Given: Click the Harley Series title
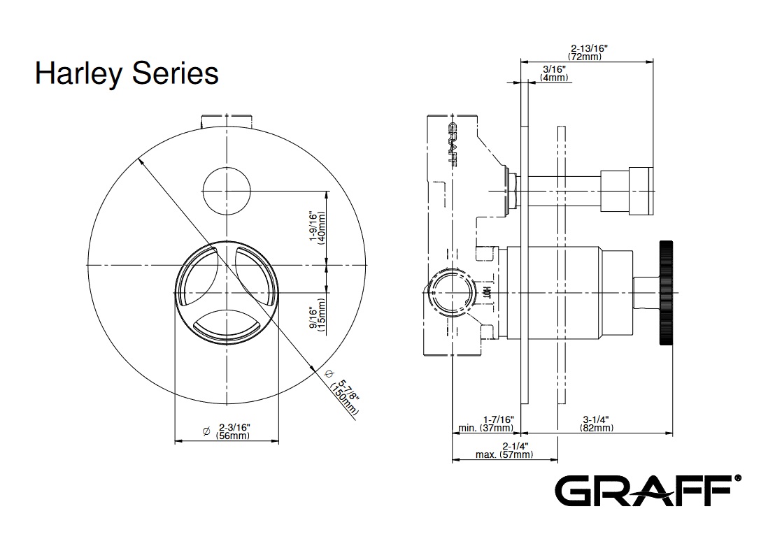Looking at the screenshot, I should click(x=127, y=73).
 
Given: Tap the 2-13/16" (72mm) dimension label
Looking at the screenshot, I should click(x=588, y=52).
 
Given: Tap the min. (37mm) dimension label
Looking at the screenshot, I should click(x=487, y=424).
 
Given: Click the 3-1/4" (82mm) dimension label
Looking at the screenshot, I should click(x=597, y=424).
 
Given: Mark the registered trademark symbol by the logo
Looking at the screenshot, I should click(x=738, y=479).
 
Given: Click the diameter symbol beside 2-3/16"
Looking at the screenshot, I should click(x=206, y=431).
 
